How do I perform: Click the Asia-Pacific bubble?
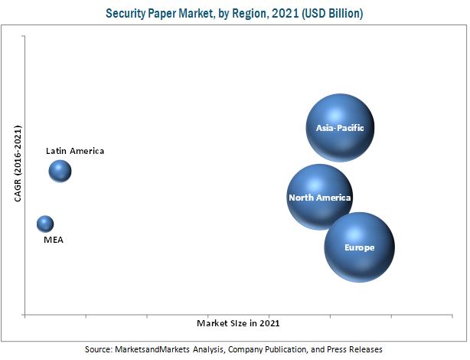click(x=340, y=127)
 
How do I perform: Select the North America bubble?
click(x=320, y=198)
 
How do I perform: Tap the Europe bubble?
click(x=359, y=247)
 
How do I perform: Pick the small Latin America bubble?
click(x=60, y=171)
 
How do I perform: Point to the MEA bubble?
click(x=45, y=224)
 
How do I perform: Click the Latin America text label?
click(x=75, y=151)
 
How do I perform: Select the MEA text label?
click(x=54, y=240)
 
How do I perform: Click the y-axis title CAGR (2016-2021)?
click(x=17, y=165)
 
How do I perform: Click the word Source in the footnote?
click(x=98, y=349)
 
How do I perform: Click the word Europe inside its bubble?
click(x=359, y=247)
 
